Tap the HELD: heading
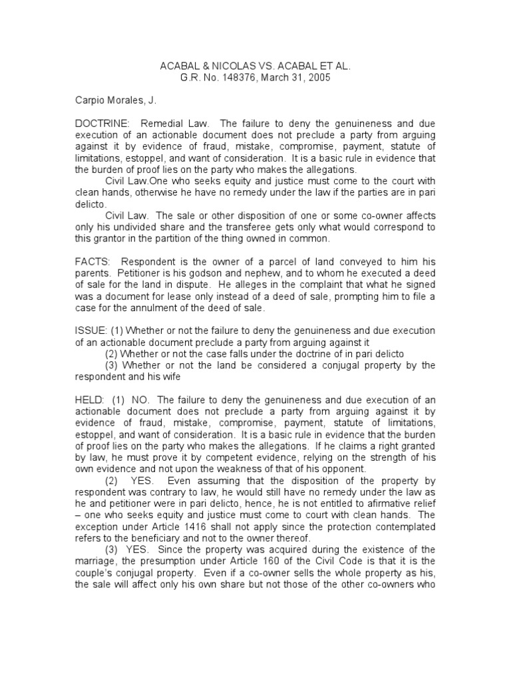tap(88, 400)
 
